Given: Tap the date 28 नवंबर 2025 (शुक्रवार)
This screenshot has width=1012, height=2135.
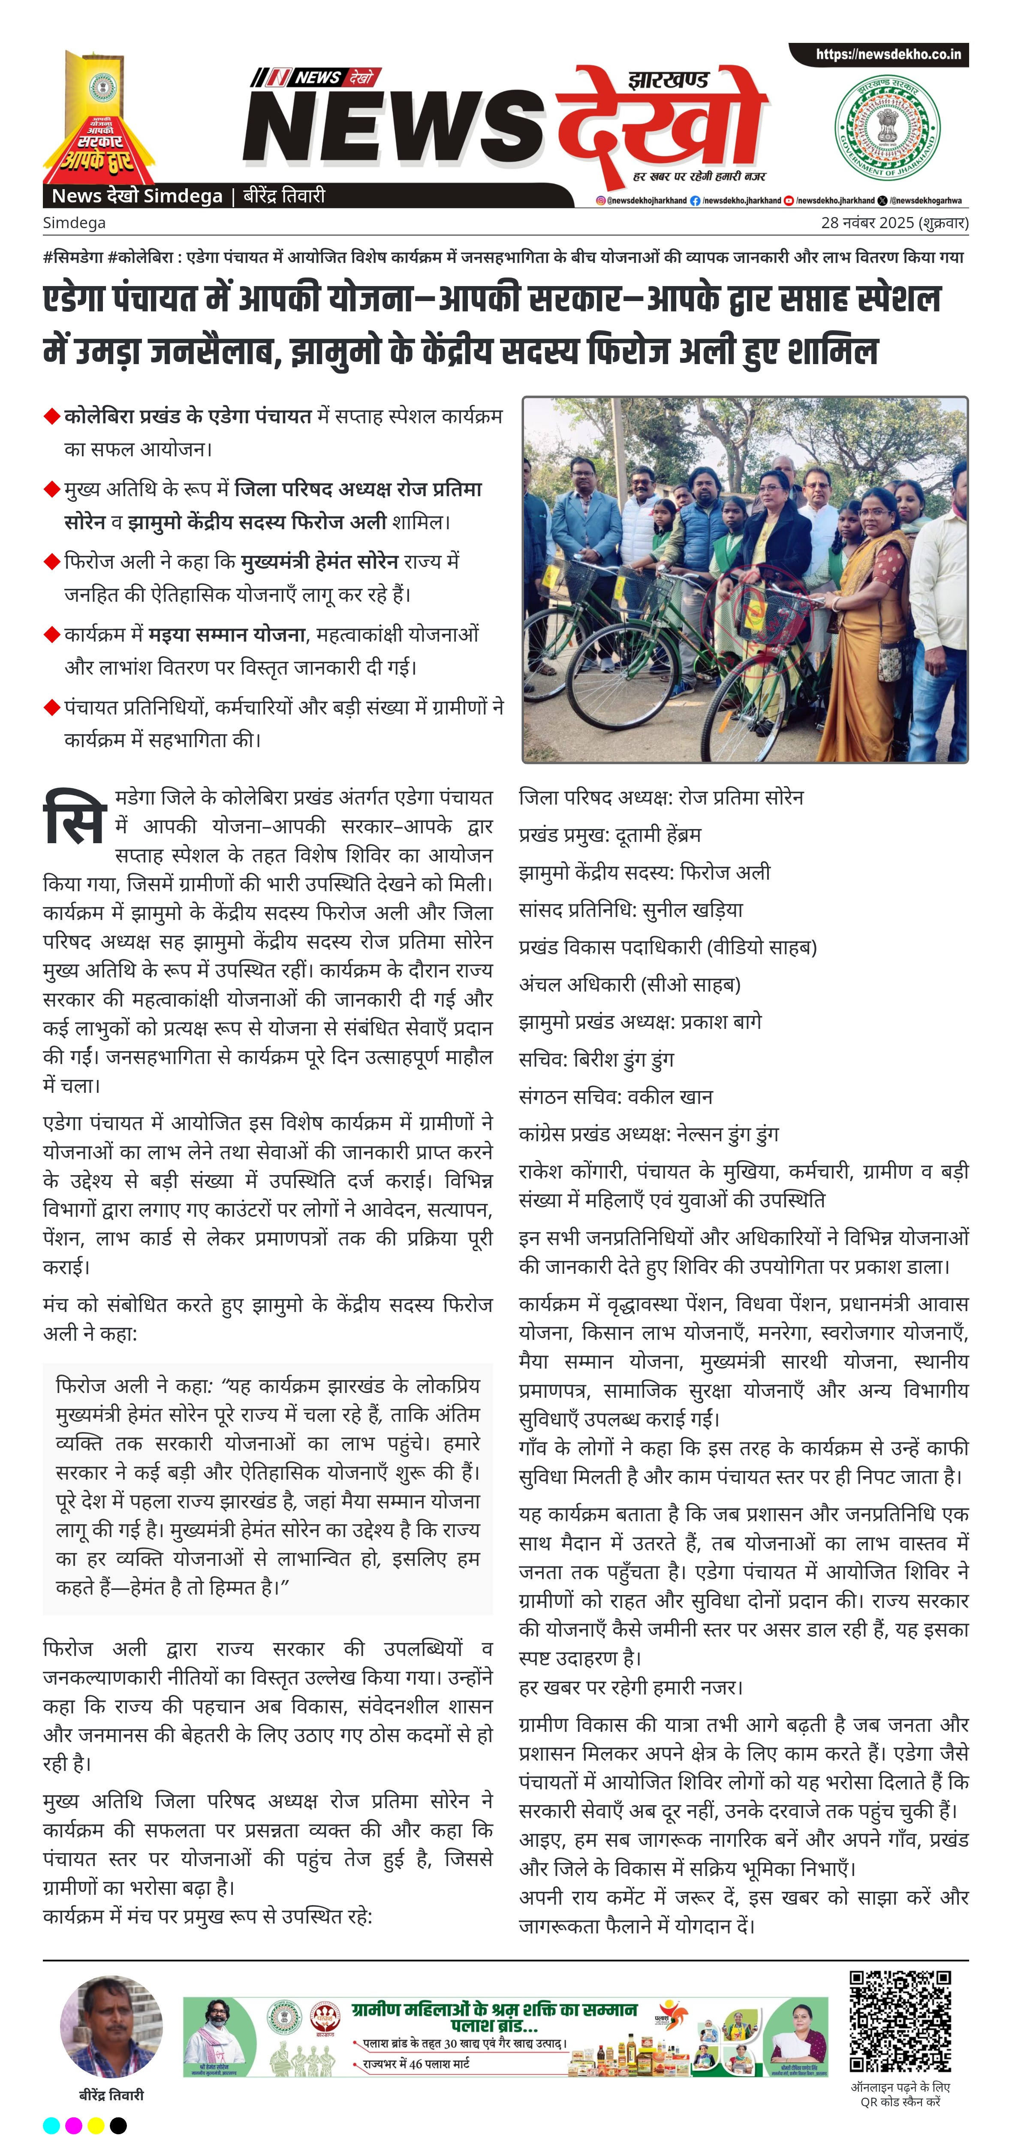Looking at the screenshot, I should click(x=895, y=223).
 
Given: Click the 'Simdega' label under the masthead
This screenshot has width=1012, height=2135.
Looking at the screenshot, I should click(x=74, y=223).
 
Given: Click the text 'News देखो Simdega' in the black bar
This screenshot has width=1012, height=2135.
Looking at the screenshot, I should click(x=137, y=196).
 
